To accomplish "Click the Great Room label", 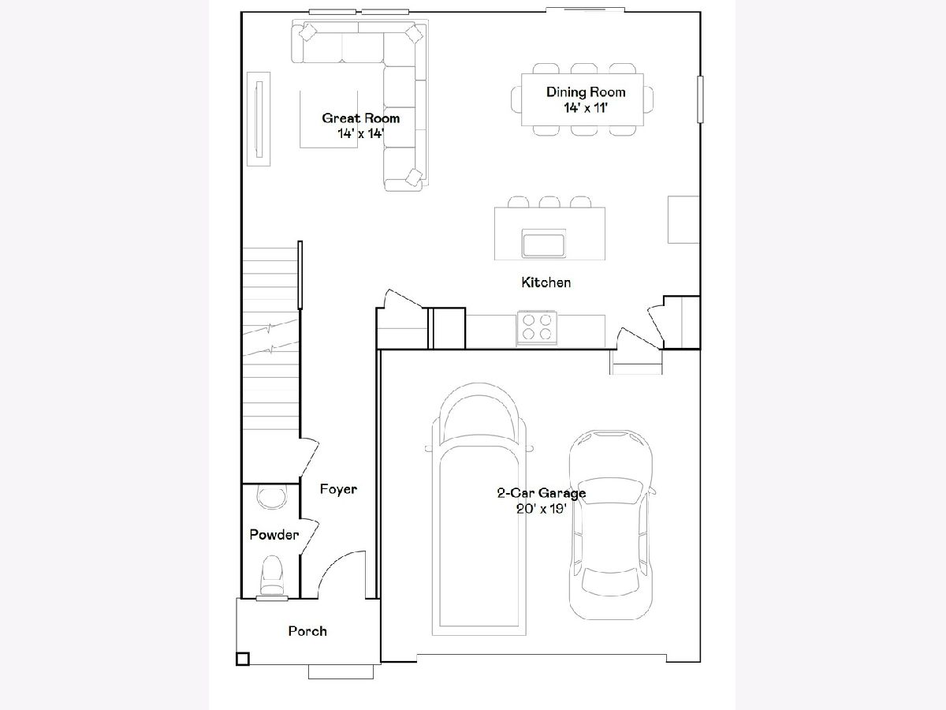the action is coord(361,118).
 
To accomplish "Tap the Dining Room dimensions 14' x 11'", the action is coord(586,108).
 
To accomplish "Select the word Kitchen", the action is coord(546,282).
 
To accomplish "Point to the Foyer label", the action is coord(338,489).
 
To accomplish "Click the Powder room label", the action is coord(274,535).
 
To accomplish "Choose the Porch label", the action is coord(307,631).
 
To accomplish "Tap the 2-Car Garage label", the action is coord(542,493).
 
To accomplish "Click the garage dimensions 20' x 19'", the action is coord(542,509).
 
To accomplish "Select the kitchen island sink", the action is coord(543,244).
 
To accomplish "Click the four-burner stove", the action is coord(537,327).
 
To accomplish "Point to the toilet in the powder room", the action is coord(272,576).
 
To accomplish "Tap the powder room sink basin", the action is coord(271,497).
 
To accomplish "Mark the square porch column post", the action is coord(243,660).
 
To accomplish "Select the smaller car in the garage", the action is coord(611,524).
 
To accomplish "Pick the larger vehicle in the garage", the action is coord(479,509).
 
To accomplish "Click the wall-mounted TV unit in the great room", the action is coord(259,119).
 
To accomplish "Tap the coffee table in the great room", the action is coord(329,119).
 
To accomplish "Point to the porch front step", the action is coord(341,671).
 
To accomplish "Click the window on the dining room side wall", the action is coord(700,99).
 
